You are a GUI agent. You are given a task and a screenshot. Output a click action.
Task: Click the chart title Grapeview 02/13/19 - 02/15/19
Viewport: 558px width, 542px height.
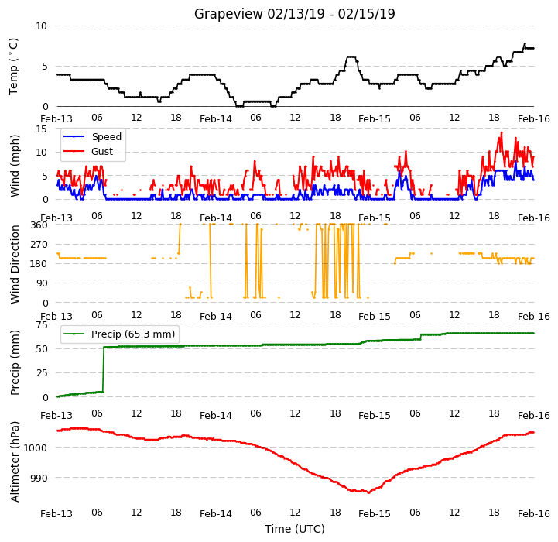point(294,14)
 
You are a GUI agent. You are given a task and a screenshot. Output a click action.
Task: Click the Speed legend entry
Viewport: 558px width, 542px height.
point(92,137)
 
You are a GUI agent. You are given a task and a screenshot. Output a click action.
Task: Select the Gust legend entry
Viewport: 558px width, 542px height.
point(88,151)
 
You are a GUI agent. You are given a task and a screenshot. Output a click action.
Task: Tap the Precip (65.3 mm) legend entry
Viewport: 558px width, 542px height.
point(119,334)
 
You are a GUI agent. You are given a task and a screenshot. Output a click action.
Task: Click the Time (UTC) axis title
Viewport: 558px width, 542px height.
point(295,529)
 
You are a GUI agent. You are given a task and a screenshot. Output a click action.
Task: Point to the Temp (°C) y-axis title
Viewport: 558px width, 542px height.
point(13,67)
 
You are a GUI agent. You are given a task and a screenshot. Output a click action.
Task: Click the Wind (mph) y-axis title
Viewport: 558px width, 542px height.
point(15,166)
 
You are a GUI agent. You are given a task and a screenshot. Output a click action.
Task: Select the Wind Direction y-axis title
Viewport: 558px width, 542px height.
point(15,264)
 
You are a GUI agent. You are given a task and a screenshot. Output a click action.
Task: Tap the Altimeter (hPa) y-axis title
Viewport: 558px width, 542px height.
point(15,462)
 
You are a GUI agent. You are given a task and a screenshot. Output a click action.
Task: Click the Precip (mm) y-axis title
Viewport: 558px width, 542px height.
point(15,362)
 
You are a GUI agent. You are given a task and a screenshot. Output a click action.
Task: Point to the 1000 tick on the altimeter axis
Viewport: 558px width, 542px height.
point(36,448)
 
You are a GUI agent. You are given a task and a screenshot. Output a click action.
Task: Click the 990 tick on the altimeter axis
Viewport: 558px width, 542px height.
point(39,478)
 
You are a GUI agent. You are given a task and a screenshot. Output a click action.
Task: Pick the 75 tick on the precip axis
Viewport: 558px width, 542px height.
point(42,324)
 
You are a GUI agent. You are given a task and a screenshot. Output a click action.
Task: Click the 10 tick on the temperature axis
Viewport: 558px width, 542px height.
point(42,26)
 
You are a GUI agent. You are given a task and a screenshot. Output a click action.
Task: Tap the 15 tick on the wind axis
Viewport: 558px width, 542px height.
point(42,129)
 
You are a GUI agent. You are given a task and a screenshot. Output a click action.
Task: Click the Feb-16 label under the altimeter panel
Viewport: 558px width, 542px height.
point(534,514)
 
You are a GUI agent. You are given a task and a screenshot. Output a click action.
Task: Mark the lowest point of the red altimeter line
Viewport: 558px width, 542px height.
point(368,493)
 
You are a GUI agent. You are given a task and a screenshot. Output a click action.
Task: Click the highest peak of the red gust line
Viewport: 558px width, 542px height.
point(502,132)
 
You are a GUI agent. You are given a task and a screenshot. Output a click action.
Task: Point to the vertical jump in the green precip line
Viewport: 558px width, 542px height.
point(104,369)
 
